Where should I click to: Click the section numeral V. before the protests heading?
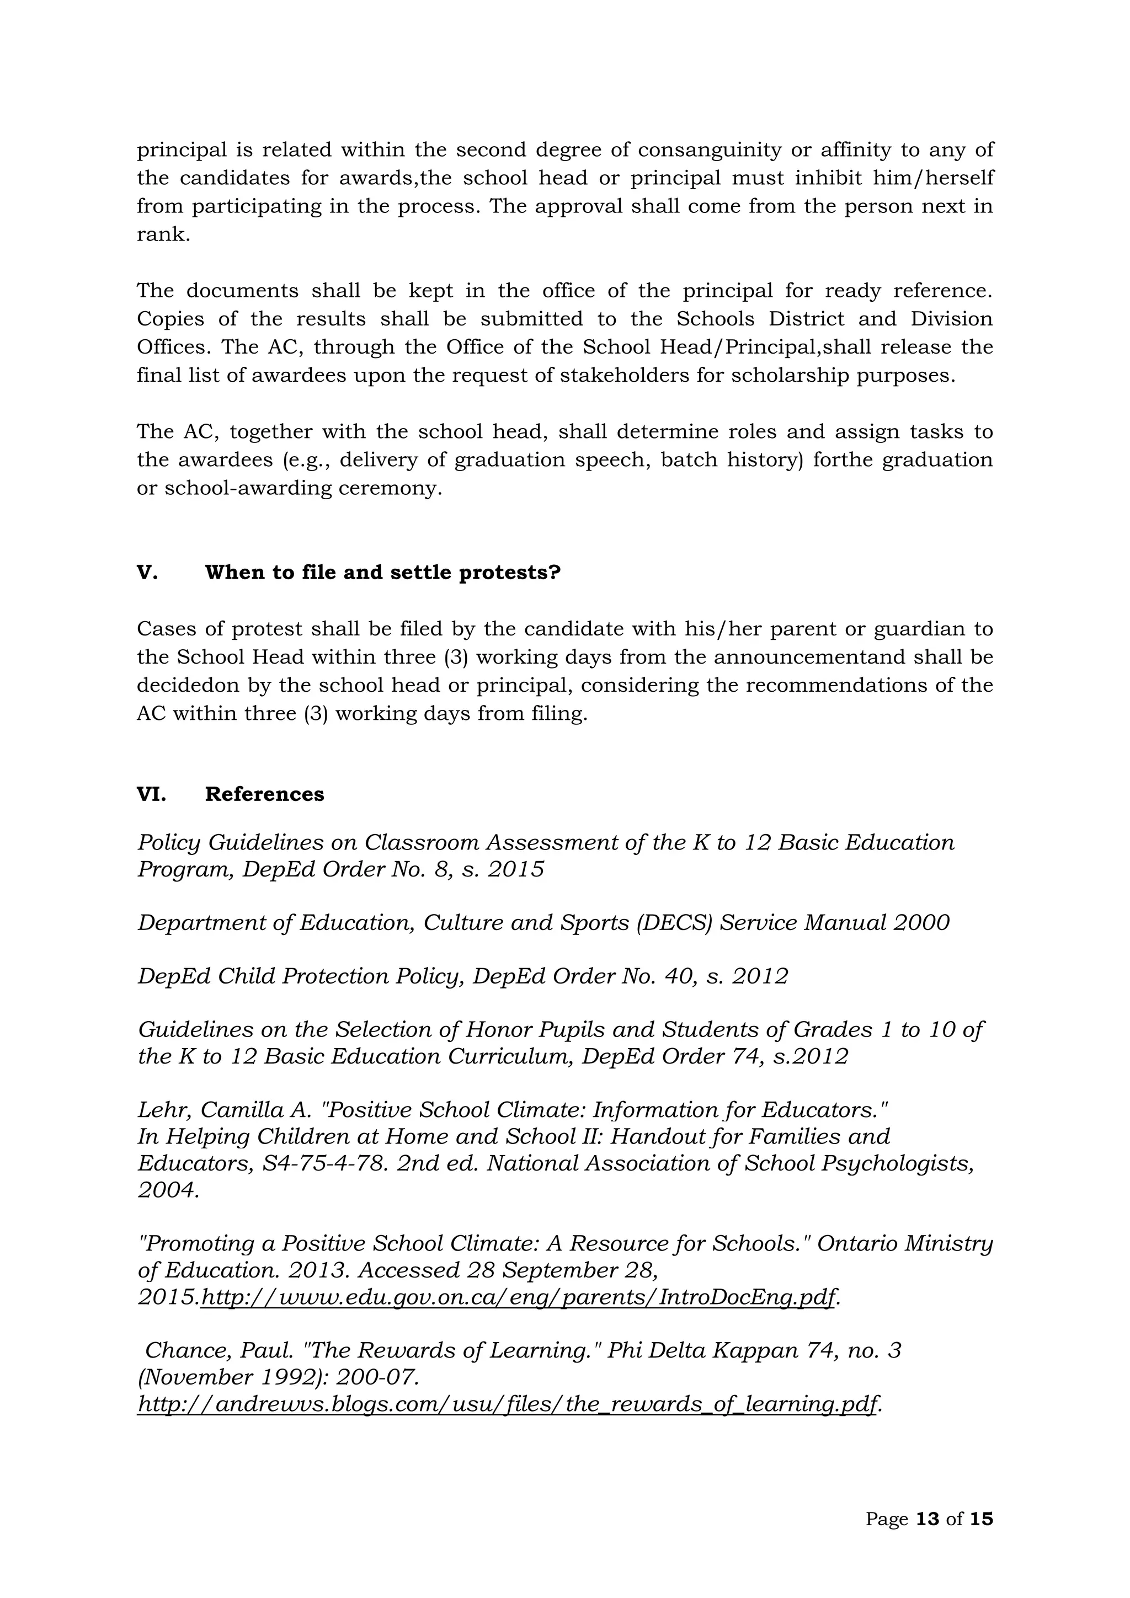point(147,573)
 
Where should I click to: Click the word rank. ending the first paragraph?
point(163,234)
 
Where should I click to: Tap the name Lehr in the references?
point(162,1109)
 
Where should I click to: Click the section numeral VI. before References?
point(151,794)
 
